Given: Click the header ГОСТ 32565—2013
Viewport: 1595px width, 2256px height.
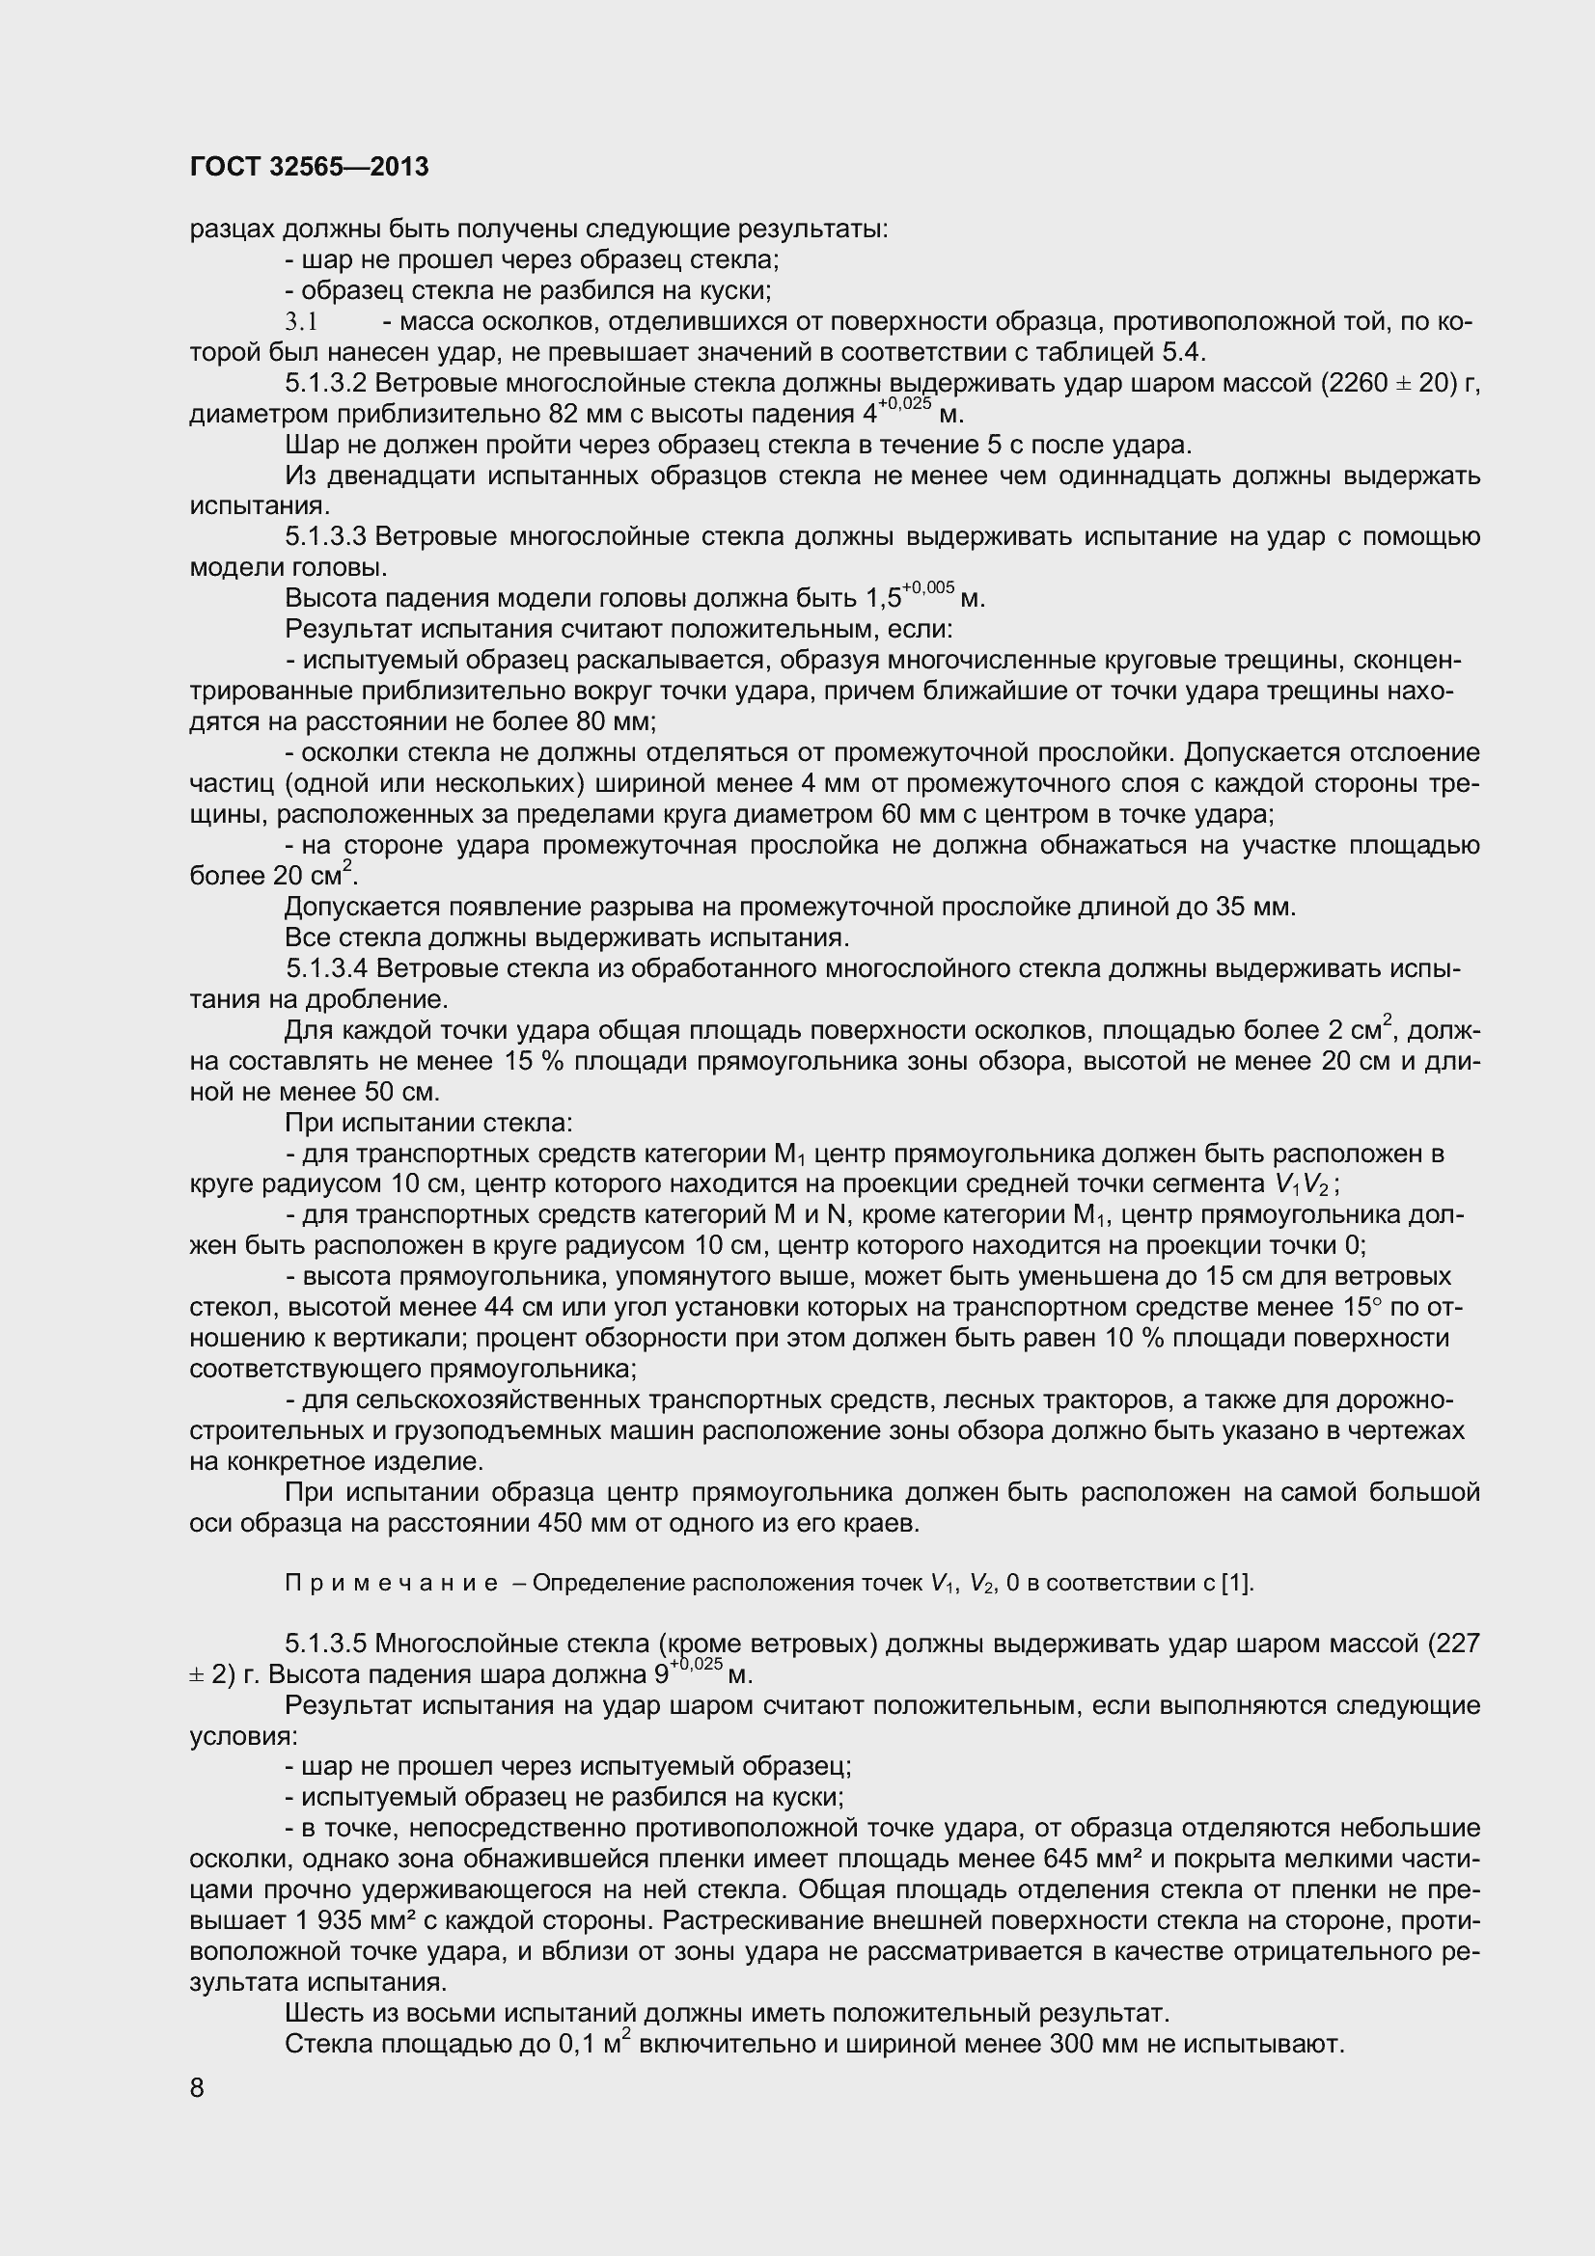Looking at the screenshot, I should [x=309, y=167].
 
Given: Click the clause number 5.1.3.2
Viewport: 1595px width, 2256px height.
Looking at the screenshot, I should [x=326, y=383].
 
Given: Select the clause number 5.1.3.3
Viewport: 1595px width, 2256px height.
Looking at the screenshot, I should [x=326, y=536].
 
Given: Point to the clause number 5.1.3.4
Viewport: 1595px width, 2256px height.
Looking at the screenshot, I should [x=327, y=968].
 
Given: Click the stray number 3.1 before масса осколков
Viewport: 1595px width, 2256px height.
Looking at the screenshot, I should [x=303, y=321].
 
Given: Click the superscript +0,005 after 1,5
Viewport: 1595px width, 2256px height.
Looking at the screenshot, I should [x=928, y=588].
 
